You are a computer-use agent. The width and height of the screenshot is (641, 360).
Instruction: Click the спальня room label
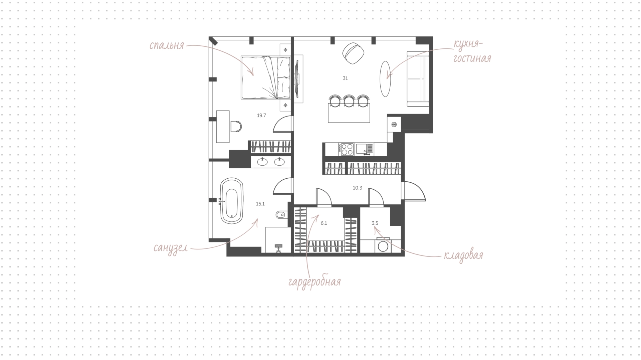click(x=167, y=45)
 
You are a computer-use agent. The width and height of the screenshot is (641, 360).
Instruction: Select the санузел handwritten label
click(x=170, y=248)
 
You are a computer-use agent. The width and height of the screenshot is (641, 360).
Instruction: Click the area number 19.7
click(x=261, y=116)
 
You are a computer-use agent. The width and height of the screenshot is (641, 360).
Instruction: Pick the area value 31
click(x=345, y=78)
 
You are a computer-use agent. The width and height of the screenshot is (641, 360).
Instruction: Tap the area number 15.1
click(x=260, y=204)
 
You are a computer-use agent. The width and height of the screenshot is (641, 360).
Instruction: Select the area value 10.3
click(x=357, y=188)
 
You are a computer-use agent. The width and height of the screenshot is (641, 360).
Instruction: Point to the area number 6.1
click(x=324, y=223)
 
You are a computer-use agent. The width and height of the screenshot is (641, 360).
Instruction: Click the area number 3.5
click(x=375, y=223)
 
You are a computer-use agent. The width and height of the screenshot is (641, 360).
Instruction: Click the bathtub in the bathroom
click(x=232, y=201)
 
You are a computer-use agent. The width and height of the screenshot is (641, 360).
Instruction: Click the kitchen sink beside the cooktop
click(x=364, y=149)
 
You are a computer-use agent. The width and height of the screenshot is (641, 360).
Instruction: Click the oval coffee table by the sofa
click(x=386, y=79)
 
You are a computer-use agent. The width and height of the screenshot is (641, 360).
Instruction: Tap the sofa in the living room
click(x=417, y=79)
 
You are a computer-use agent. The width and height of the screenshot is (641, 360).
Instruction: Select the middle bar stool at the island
click(x=349, y=101)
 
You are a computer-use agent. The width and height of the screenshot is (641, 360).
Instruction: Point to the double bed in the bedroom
click(x=265, y=78)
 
